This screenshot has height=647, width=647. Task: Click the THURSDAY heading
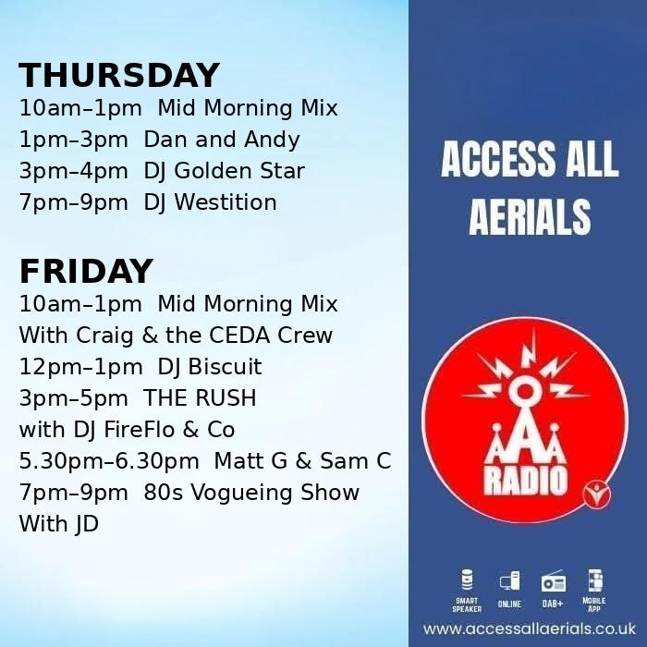tap(119, 76)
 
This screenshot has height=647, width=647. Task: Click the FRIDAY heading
tap(86, 272)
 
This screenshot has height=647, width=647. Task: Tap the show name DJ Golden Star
tap(224, 171)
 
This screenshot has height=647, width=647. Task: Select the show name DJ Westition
tap(210, 202)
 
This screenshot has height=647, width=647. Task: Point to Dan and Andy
tap(222, 140)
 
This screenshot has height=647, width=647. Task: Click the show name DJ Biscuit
tap(210, 367)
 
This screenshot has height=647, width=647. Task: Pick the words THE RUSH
tap(200, 398)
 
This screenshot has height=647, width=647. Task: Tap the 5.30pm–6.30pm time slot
tap(109, 461)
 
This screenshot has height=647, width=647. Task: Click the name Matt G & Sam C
tap(302, 461)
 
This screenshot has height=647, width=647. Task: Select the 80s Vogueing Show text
tap(251, 493)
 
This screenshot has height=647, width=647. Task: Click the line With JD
tap(58, 524)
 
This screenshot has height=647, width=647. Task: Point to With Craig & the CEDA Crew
tap(176, 336)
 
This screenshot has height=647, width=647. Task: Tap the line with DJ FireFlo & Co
tap(127, 430)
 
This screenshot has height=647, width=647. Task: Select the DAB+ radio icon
tap(553, 582)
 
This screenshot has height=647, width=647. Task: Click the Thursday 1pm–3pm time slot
tap(73, 140)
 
